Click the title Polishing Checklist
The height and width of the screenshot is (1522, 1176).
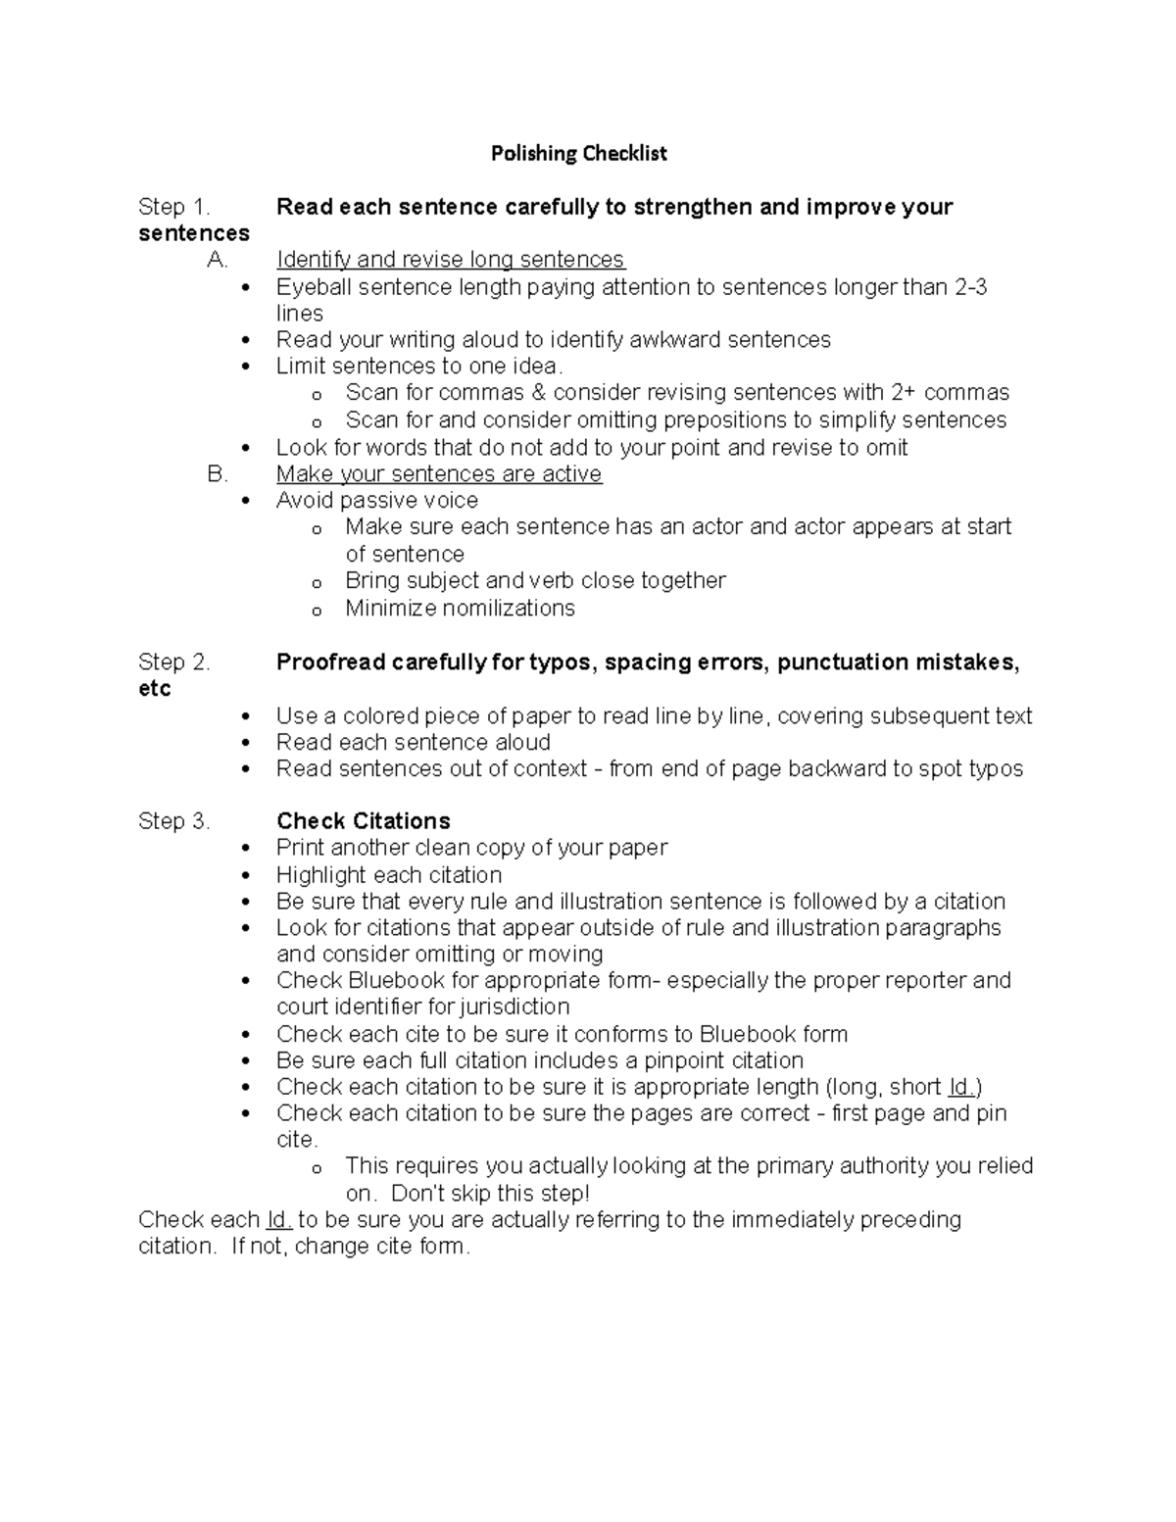click(578, 153)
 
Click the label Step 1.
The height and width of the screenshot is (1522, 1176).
click(173, 207)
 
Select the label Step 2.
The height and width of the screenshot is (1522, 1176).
click(173, 663)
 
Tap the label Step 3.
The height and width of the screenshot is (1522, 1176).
click(173, 821)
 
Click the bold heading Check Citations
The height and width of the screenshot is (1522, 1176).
click(363, 821)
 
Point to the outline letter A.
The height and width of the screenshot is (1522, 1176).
click(217, 260)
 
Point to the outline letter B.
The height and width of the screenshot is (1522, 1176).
click(217, 474)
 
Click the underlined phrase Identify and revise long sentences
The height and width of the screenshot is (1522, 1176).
click(450, 260)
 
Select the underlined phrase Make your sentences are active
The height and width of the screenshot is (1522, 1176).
click(438, 474)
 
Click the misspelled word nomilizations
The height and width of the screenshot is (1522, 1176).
click(508, 609)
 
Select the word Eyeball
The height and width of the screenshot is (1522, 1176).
click(313, 287)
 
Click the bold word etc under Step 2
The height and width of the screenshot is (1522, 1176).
click(155, 689)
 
